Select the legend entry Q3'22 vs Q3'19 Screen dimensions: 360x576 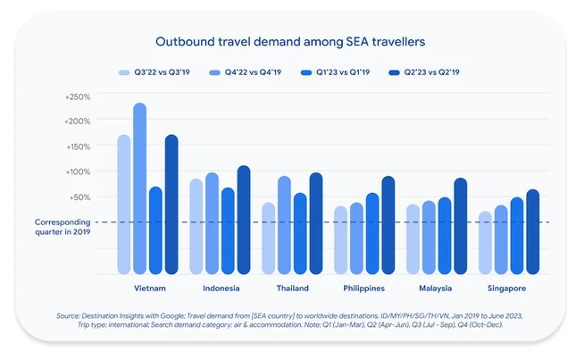tap(154, 71)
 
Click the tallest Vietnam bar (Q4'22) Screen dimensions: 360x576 tap(139, 188)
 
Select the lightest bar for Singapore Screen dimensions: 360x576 tap(485, 242)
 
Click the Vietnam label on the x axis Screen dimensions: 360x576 tap(148, 289)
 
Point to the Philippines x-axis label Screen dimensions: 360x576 tap(364, 289)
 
